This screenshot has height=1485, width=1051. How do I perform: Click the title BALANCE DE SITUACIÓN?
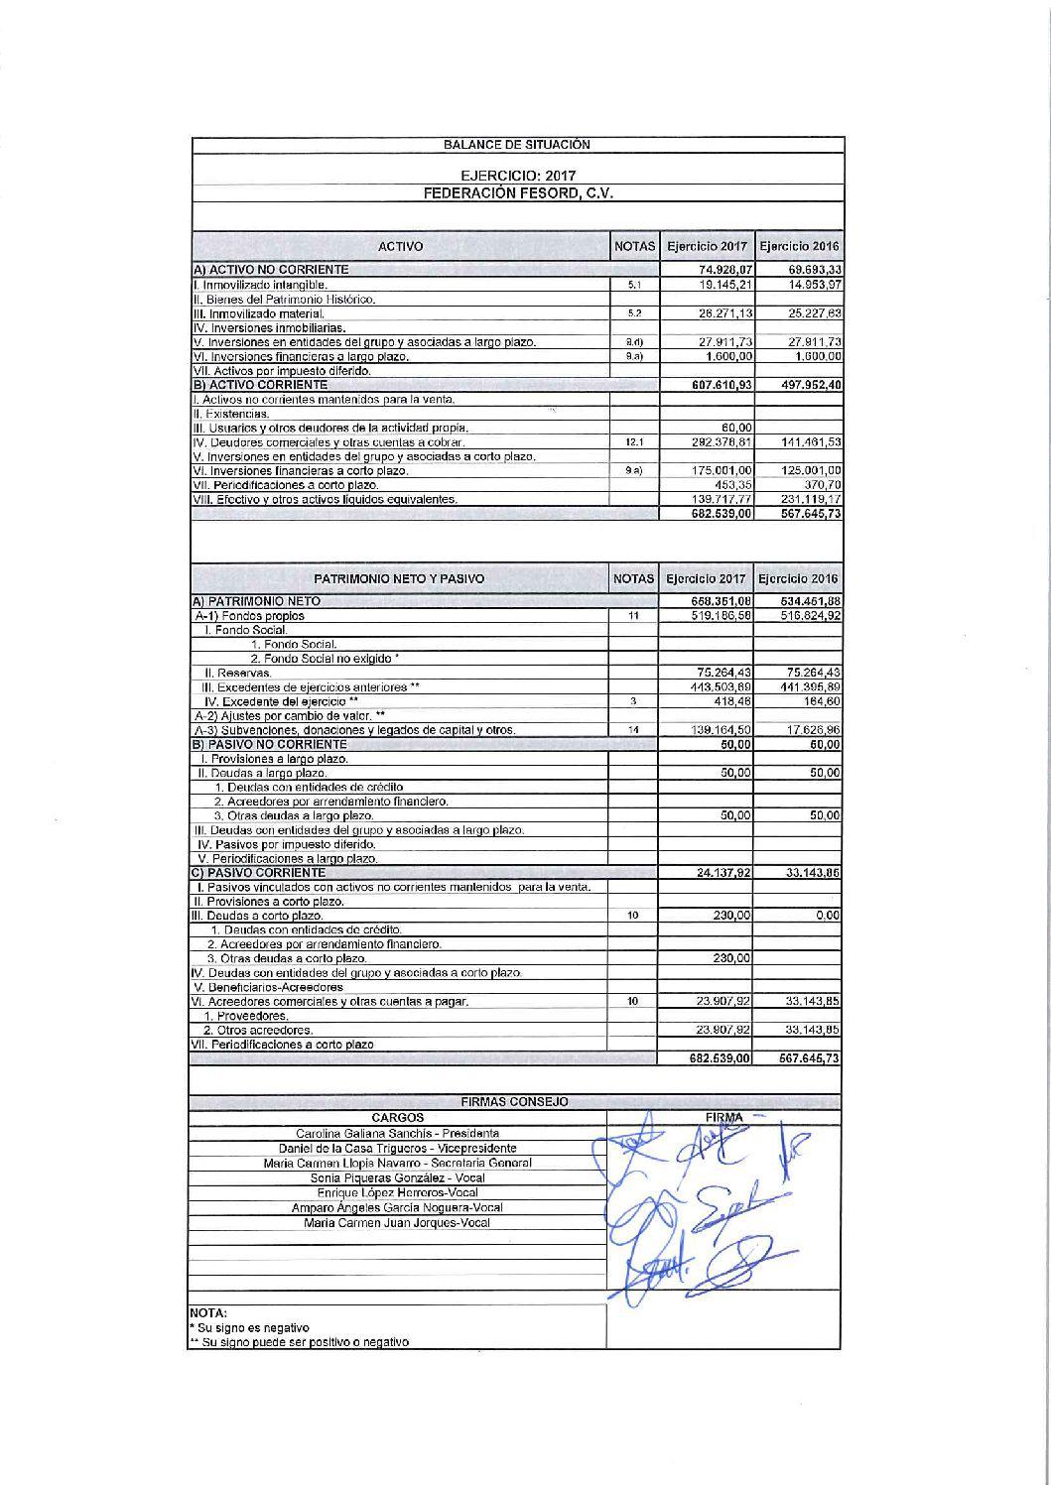[516, 145]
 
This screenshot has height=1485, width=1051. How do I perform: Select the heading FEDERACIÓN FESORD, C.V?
[517, 193]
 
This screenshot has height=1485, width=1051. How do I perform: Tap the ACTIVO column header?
[400, 246]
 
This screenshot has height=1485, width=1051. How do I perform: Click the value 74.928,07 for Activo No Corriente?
[721, 270]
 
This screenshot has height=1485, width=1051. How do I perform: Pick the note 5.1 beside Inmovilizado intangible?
[635, 285]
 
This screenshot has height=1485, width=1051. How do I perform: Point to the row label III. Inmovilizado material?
[258, 313]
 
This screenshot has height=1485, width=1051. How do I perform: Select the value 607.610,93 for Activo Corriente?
[721, 385]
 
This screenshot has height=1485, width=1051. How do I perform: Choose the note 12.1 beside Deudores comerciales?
[635, 442]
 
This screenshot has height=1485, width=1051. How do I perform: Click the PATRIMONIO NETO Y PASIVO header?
[399, 578]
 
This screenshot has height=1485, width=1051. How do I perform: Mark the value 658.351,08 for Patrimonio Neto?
[721, 602]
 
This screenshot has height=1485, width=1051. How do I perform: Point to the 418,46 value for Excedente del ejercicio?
[731, 701]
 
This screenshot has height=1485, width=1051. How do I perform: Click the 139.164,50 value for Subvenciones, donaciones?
[721, 730]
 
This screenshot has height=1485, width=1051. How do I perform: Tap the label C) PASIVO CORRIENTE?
[258, 873]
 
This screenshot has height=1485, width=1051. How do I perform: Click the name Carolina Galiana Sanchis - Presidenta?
[397, 1133]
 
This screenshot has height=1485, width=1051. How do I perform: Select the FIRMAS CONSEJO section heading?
[515, 1102]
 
